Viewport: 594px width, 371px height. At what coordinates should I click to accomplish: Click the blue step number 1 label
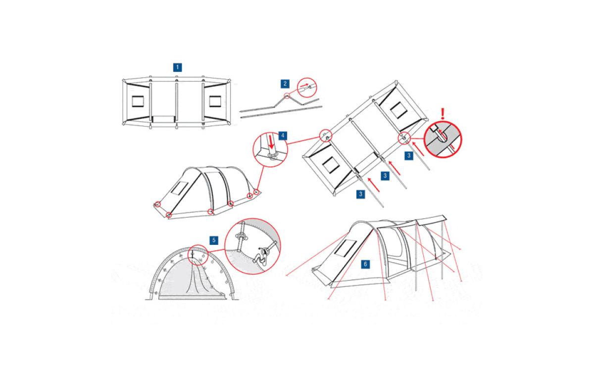pos(177,67)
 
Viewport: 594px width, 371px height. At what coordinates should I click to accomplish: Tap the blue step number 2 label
pos(285,84)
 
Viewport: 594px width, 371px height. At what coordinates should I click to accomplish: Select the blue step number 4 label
pos(283,136)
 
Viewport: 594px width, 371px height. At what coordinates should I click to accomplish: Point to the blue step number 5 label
pos(214,240)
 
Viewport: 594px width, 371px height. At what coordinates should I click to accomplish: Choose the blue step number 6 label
pos(365,264)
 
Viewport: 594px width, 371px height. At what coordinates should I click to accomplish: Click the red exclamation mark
pos(443,114)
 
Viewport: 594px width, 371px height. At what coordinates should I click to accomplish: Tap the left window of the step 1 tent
pos(138,101)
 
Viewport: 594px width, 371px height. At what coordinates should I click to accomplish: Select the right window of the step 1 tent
pos(215,101)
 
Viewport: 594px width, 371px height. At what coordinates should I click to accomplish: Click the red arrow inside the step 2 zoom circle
pos(304,86)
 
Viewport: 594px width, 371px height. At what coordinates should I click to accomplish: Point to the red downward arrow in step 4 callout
pos(271,142)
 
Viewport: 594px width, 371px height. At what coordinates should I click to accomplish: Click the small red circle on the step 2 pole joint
pos(287,96)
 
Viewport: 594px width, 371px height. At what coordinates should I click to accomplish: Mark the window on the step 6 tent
pos(346,248)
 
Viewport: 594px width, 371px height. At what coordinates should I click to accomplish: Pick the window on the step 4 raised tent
pos(180,188)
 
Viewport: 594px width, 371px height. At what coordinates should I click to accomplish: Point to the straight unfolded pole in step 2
pos(281,112)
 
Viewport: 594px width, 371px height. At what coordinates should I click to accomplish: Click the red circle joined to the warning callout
pos(404,138)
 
